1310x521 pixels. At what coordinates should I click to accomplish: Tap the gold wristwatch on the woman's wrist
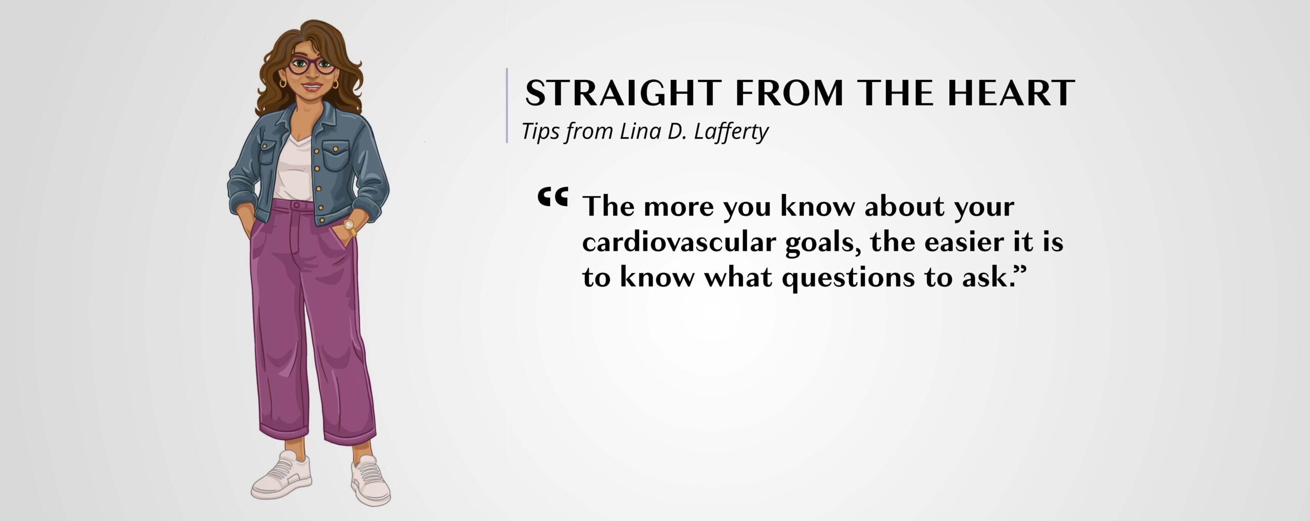point(349,225)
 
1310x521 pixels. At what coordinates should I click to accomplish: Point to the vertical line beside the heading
point(507,105)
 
